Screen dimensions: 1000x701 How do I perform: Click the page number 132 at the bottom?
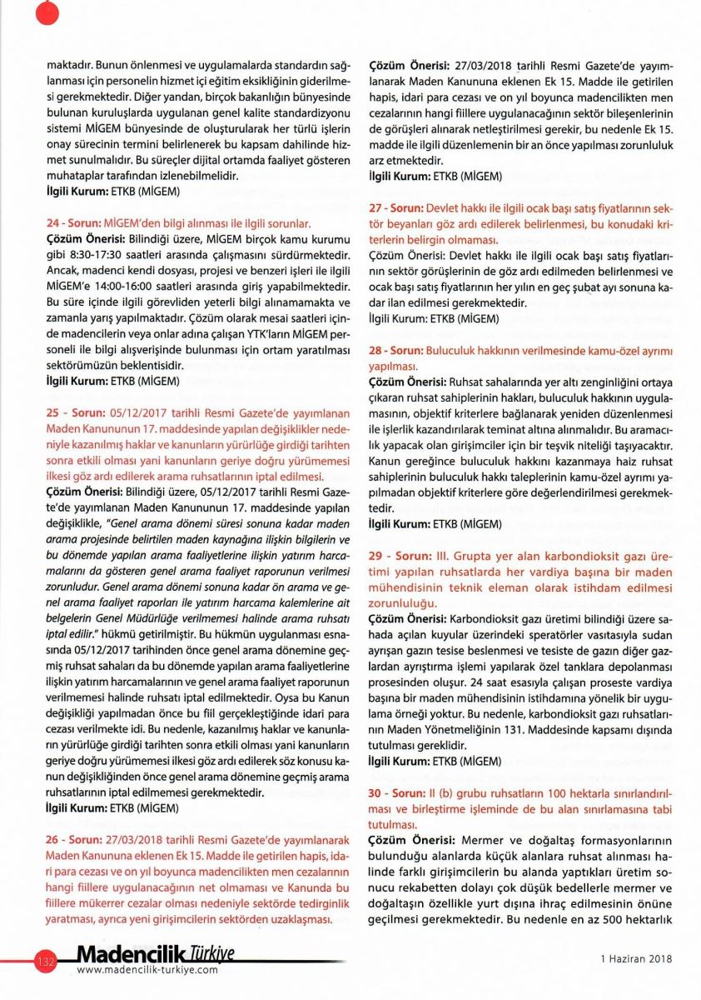(x=45, y=962)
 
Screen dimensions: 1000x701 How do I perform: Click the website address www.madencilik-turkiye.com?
(x=147, y=970)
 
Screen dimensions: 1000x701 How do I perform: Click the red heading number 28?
(x=375, y=351)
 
